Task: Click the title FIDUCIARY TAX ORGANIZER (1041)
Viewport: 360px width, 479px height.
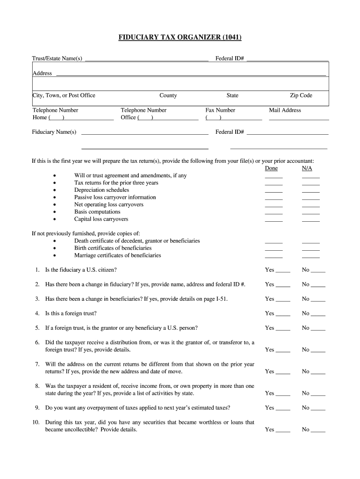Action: pos(180,37)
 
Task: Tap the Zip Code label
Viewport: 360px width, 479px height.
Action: pos(301,95)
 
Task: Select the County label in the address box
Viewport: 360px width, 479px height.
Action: pos(168,95)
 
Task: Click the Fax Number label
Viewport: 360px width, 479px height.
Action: pos(220,110)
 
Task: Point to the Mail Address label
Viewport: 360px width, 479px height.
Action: pos(285,110)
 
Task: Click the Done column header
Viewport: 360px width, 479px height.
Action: pos(271,168)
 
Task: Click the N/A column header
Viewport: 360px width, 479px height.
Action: pos(307,168)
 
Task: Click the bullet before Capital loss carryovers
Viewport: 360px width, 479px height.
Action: pos(55,219)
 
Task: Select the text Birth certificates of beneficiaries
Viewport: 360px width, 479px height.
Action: pos(113,248)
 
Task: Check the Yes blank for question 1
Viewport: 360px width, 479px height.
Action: pos(283,271)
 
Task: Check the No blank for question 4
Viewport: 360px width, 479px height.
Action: pos(318,314)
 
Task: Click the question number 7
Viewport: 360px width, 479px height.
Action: pos(37,364)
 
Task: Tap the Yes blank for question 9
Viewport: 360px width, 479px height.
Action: pos(283,409)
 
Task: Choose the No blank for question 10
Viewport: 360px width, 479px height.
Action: pos(318,430)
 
